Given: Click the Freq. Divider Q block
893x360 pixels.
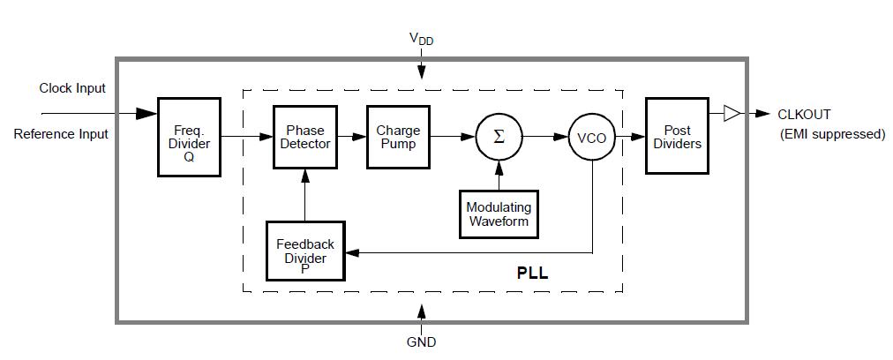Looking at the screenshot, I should click(189, 136).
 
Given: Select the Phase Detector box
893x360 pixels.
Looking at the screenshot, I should click(305, 136).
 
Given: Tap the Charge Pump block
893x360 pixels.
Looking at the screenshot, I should click(398, 136).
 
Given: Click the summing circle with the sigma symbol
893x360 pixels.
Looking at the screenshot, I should click(499, 137).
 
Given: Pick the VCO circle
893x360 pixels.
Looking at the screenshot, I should click(591, 138).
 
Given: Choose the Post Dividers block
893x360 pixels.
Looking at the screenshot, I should click(677, 136).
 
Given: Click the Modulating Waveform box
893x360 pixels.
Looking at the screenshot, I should click(499, 214).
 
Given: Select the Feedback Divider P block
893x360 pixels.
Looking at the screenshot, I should click(305, 251).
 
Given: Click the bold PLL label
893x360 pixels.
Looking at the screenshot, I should click(532, 274).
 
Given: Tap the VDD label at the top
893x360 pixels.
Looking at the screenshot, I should click(421, 39).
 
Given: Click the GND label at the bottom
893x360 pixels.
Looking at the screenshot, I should click(421, 341).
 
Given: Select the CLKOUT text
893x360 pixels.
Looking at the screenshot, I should click(803, 114).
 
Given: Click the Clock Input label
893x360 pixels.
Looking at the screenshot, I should click(72, 88).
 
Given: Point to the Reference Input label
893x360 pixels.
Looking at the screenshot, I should click(61, 134).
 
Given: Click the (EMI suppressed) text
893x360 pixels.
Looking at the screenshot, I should click(833, 134).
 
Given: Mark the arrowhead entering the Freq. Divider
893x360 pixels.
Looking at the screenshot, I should click(146, 114).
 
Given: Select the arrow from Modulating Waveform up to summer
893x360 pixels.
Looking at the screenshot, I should click(499, 174).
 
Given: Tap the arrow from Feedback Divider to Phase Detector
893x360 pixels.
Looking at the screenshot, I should click(305, 195).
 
